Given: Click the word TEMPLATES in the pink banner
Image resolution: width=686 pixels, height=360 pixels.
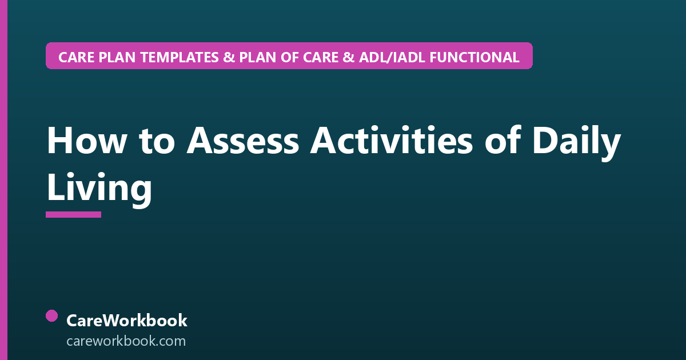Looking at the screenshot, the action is point(180,57).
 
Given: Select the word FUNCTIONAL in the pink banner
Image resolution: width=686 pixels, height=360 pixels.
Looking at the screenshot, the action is point(474,57).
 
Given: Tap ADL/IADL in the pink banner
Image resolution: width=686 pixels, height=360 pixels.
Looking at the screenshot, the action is point(392,57).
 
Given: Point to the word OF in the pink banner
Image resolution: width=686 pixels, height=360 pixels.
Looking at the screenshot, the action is point(290,57).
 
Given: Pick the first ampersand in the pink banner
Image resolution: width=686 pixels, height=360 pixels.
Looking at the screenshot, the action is point(229,57).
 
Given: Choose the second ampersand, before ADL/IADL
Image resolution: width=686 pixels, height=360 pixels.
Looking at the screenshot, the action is point(349,57).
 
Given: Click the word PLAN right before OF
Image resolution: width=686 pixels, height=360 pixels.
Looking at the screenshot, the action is point(258,57).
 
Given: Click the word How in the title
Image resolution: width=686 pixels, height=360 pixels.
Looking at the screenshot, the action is point(87,141).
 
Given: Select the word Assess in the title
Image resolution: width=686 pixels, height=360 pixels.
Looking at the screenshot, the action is point(242,141).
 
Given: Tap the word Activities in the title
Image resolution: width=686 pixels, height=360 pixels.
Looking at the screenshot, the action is point(392,140).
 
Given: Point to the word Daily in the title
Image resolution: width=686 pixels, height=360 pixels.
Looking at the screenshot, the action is point(577,143).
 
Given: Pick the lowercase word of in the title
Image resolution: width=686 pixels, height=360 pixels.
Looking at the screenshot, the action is point(502,139).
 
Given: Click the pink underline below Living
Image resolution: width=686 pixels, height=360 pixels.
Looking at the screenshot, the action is point(74,215).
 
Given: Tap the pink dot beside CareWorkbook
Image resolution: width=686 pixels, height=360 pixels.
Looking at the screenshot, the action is point(52,316).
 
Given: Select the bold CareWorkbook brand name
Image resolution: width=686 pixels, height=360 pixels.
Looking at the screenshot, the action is point(127,321).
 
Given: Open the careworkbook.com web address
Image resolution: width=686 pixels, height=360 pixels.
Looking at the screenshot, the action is point(126,341).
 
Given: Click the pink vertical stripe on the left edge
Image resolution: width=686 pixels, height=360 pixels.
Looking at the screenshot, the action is point(3,180).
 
